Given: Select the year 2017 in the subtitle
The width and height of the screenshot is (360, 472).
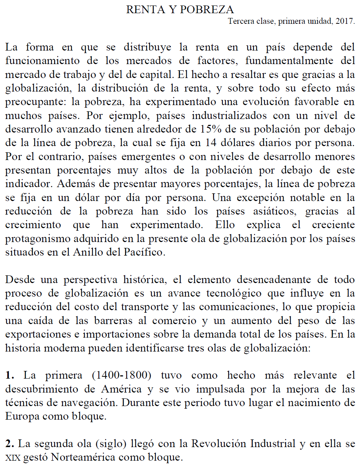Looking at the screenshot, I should pyautogui.click(x=345, y=21).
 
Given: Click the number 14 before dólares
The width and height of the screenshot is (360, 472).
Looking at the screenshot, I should pyautogui.click(x=210, y=142).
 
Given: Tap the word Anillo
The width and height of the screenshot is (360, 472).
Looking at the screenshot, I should pyautogui.click(x=88, y=252).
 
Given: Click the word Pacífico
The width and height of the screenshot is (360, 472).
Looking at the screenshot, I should pyautogui.click(x=144, y=252).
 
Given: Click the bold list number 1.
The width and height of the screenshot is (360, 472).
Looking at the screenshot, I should pyautogui.click(x=10, y=375).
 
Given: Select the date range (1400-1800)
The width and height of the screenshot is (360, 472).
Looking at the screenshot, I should pyautogui.click(x=121, y=375).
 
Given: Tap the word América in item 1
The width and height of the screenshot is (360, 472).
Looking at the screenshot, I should pyautogui.click(x=121, y=389).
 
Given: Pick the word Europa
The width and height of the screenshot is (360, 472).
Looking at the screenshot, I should pyautogui.click(x=22, y=416).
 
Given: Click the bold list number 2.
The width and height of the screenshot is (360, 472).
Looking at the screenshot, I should pyautogui.click(x=10, y=444).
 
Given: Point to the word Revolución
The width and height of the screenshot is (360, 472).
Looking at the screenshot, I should pyautogui.click(x=219, y=444).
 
